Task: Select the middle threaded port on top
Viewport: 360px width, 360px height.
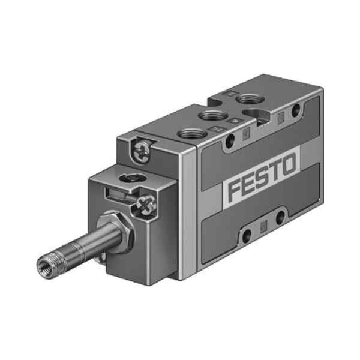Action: click(213, 115)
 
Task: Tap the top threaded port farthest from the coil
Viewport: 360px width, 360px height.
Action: click(250, 100)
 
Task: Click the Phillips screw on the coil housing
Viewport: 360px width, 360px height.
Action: click(146, 205)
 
